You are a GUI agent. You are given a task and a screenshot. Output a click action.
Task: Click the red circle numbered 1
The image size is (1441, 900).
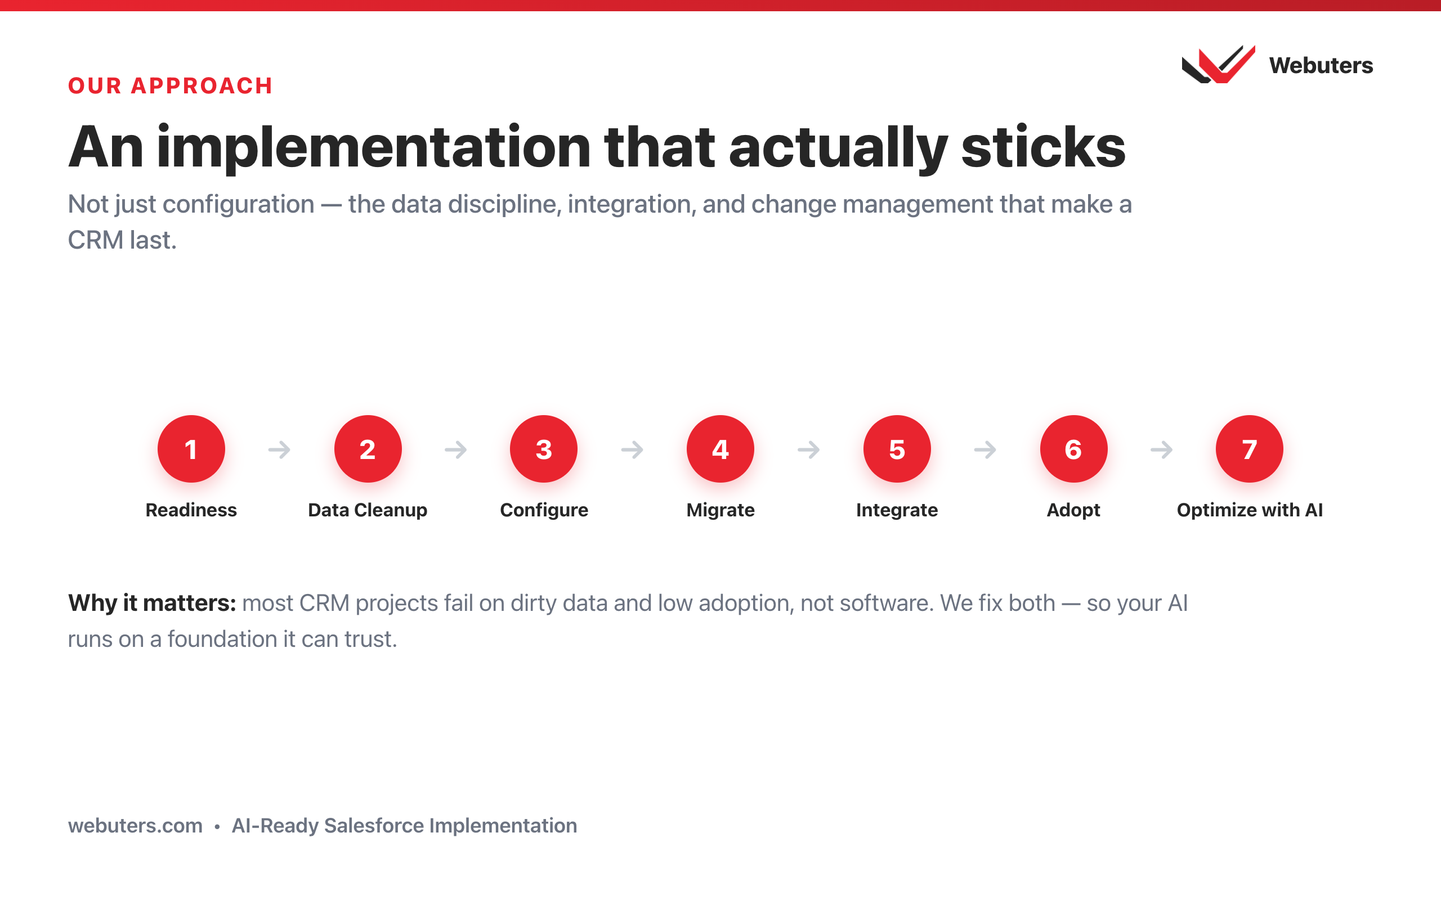click(x=191, y=449)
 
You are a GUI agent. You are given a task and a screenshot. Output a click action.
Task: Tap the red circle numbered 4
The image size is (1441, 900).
click(x=720, y=449)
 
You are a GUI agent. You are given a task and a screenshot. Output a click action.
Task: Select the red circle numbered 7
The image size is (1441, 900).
click(x=1249, y=449)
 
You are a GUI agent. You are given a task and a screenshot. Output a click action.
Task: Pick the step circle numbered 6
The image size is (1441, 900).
click(x=1073, y=449)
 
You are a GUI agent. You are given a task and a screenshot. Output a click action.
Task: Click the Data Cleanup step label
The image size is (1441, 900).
click(x=368, y=510)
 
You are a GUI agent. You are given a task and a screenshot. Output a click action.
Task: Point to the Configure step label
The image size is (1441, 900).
click(x=544, y=510)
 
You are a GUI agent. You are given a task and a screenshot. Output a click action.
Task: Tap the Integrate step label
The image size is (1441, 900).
click(x=897, y=510)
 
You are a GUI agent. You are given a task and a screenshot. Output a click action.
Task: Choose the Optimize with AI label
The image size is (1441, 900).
click(x=1250, y=510)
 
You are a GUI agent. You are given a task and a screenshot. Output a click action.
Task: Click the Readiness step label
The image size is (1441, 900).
click(x=191, y=510)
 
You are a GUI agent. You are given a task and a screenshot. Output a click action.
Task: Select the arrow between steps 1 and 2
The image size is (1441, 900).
click(x=279, y=449)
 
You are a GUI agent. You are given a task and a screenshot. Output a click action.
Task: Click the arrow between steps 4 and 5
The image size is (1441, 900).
click(x=809, y=449)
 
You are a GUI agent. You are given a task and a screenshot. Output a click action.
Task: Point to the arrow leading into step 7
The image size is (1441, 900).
click(x=1161, y=449)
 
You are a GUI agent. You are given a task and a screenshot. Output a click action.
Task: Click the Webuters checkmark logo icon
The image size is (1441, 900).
click(x=1218, y=64)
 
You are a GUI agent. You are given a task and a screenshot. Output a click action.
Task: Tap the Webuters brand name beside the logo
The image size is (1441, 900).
click(x=1321, y=65)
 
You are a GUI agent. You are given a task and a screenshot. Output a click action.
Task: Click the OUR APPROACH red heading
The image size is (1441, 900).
click(x=171, y=85)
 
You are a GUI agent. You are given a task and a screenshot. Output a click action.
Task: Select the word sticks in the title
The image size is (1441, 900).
click(x=1043, y=146)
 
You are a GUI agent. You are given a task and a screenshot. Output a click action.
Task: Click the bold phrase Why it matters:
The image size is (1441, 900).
click(x=152, y=603)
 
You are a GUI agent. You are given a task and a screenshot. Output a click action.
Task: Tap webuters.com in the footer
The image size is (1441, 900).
click(x=135, y=826)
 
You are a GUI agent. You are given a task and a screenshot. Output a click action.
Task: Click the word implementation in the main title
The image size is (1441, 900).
click(x=374, y=147)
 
